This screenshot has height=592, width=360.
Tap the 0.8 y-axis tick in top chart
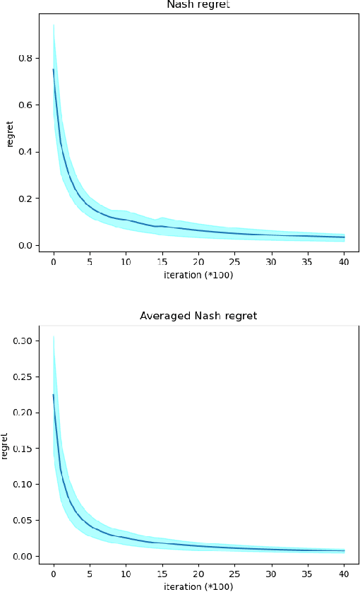click(32, 58)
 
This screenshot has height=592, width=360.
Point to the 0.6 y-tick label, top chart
click(32, 105)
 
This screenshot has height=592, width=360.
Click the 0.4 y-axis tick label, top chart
click(32, 152)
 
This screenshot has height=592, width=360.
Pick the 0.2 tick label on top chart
click(32, 199)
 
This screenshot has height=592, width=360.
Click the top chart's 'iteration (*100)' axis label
click(199, 274)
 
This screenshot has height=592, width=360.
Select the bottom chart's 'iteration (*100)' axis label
click(199, 586)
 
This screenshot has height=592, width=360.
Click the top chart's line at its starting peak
click(54, 69)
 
